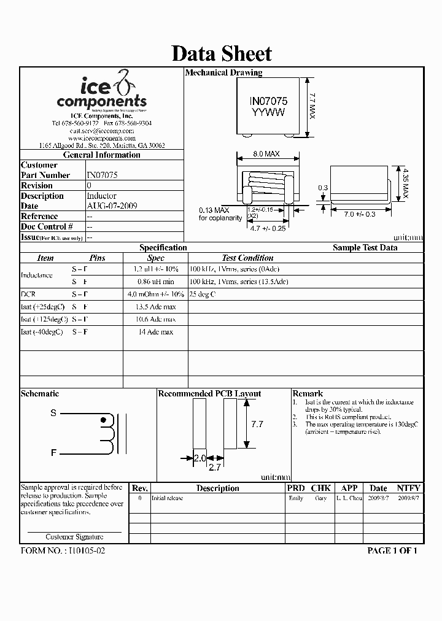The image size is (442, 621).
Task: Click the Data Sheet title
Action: coord(221,53)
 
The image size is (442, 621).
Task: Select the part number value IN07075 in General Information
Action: coord(102,175)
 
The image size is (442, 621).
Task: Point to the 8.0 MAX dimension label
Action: coord(266,154)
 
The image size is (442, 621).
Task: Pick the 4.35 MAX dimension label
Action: coord(405,182)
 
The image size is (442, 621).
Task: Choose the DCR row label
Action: coord(28,294)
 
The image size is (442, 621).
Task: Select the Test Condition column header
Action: coord(247,258)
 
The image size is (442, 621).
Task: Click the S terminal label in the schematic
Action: coord(53,413)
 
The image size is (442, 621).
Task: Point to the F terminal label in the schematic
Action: coord(53,453)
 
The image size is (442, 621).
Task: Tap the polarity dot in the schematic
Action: coord(103,420)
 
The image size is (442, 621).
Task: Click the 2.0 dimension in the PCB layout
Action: coord(200,458)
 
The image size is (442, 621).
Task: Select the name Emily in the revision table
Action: coord(296,498)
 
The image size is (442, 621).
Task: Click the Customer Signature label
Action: coord(74,536)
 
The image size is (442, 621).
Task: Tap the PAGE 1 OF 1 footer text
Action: coord(392,550)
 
